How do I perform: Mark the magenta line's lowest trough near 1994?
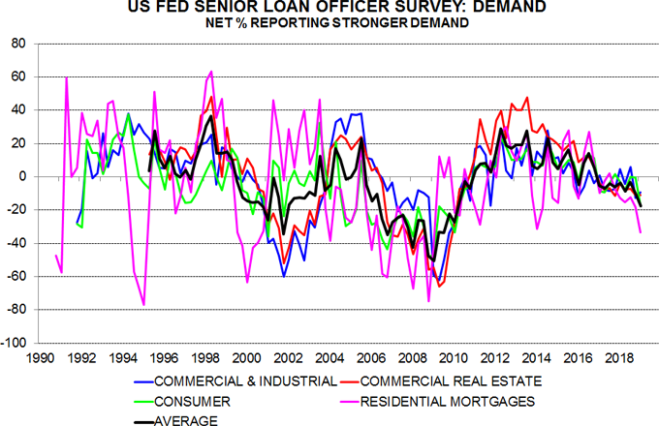tap(144, 305)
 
